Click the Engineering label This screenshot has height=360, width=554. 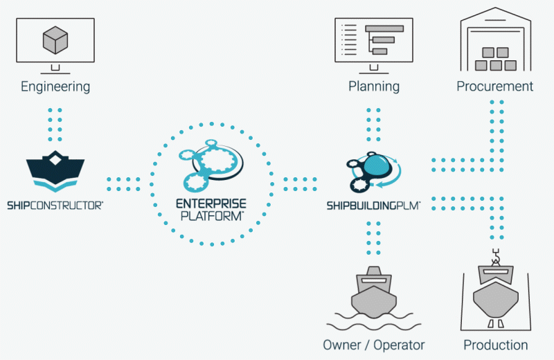pos(55,87)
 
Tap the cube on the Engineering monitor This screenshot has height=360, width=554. pos(55,40)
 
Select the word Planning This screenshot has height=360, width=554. pos(374,87)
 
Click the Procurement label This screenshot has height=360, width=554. pos(495,87)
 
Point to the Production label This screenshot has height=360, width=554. pos(496,345)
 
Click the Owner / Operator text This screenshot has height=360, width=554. pos(374,345)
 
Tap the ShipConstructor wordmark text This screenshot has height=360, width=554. pos(55,205)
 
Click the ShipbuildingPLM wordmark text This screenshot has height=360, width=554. pos(373,205)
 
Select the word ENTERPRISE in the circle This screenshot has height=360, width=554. pos(211,204)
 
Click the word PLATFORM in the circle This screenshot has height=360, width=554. pos(212,215)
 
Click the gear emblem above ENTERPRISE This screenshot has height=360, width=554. pos(211,165)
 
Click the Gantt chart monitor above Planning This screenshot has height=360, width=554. pos(374,46)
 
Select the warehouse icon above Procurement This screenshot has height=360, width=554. pos(495,39)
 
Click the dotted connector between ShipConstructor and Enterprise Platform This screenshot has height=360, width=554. pos(123,184)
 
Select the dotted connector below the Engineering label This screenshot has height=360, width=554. pos(55,125)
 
